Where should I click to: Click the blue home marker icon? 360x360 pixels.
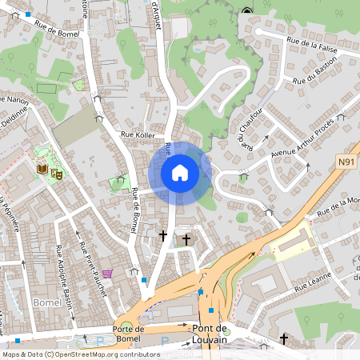180,173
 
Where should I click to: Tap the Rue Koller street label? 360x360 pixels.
137,135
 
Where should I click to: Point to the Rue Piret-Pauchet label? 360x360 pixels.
93,272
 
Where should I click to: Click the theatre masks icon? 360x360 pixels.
57,172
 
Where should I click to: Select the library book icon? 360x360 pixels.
42,169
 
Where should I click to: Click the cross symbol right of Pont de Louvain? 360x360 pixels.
283,340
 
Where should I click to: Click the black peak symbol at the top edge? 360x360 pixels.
246,10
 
